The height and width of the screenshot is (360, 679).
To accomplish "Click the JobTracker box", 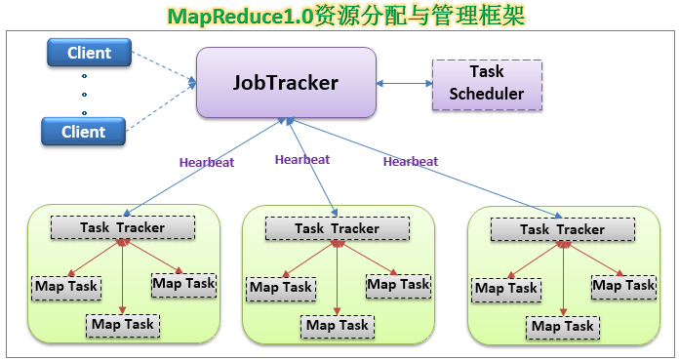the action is [286, 82].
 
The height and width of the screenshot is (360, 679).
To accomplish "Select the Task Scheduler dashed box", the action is [487, 85].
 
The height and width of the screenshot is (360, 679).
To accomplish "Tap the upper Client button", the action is [89, 53].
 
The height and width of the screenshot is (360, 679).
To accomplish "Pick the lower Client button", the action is [83, 132].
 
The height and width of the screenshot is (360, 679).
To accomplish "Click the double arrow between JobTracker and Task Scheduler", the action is [405, 84].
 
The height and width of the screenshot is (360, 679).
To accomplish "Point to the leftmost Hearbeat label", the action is [207, 163].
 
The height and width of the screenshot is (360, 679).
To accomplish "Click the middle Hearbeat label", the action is [302, 160].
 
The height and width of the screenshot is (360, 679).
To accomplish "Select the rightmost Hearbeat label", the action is [411, 162].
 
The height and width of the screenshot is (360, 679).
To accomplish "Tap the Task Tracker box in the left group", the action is [123, 227].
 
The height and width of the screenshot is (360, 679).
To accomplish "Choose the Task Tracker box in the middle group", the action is [337, 228].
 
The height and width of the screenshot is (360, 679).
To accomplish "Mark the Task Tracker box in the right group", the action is [563, 229].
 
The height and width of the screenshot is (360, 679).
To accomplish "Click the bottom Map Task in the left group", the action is [123, 326].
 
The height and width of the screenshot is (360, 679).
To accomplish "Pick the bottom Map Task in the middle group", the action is [338, 327].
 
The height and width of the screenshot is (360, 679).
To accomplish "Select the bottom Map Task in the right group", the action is [563, 328].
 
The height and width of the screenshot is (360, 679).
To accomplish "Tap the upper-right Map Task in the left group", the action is [183, 285].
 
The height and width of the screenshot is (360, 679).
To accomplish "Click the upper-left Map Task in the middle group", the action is [281, 289].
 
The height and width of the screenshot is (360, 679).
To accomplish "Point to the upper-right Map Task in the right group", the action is [623, 287].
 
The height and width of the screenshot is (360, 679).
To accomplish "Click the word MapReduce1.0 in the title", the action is [240, 17].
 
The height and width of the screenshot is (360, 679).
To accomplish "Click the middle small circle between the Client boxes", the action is [84, 94].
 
